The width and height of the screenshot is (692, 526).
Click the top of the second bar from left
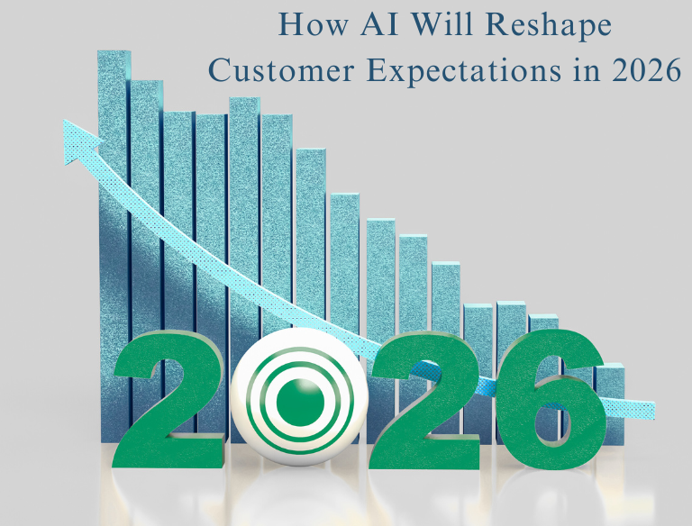pos(147,84)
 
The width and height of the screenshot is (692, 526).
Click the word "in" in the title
pos(596,71)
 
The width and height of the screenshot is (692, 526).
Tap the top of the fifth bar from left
pos(244,100)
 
